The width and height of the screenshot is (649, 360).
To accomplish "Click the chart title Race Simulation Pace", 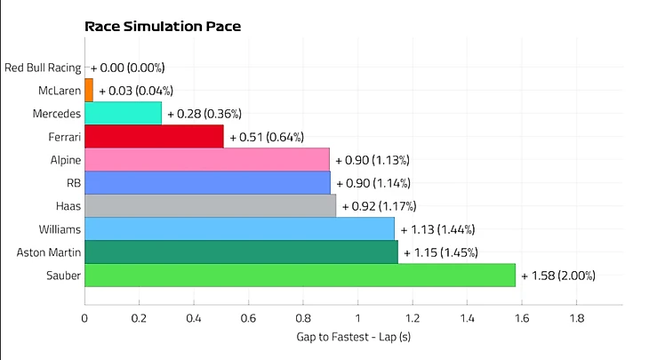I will [163, 26].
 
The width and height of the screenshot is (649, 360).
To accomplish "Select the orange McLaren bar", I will [89, 90].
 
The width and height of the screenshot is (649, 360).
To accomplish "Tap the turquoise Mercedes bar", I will [123, 113].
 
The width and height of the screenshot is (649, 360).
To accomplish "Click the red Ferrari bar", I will [154, 136].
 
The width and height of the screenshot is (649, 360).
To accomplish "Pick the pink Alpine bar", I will [207, 160].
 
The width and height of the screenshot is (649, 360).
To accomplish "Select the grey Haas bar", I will [210, 206].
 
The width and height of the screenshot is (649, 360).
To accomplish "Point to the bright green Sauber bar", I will [300, 276].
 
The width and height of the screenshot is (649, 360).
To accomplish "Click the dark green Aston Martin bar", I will [241, 252].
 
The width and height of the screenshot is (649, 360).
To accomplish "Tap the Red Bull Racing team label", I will [42, 67].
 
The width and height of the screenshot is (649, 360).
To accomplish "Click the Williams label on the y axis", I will [60, 229].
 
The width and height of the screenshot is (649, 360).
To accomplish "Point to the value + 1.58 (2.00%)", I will [558, 276].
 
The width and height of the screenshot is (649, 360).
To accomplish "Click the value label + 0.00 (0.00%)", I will [127, 67].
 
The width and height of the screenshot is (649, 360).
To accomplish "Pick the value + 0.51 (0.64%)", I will [267, 137].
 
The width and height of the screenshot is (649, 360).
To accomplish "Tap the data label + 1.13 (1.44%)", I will [437, 229].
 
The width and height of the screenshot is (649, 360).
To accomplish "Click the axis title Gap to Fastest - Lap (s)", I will [353, 338].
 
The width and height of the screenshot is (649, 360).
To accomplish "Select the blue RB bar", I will [207, 183].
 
